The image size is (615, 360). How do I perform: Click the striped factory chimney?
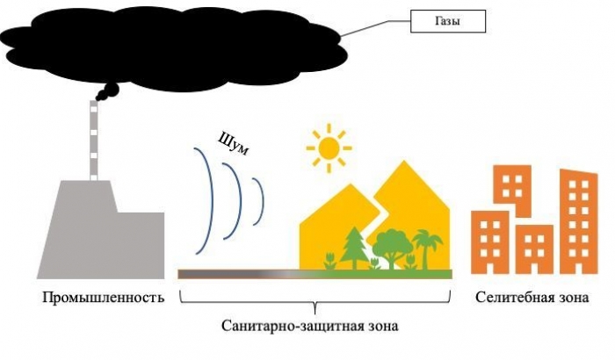(95, 140)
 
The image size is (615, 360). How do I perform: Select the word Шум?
(235, 144)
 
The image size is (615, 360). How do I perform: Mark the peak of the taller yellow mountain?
(405, 165)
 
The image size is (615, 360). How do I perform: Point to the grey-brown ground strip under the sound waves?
(228, 274)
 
